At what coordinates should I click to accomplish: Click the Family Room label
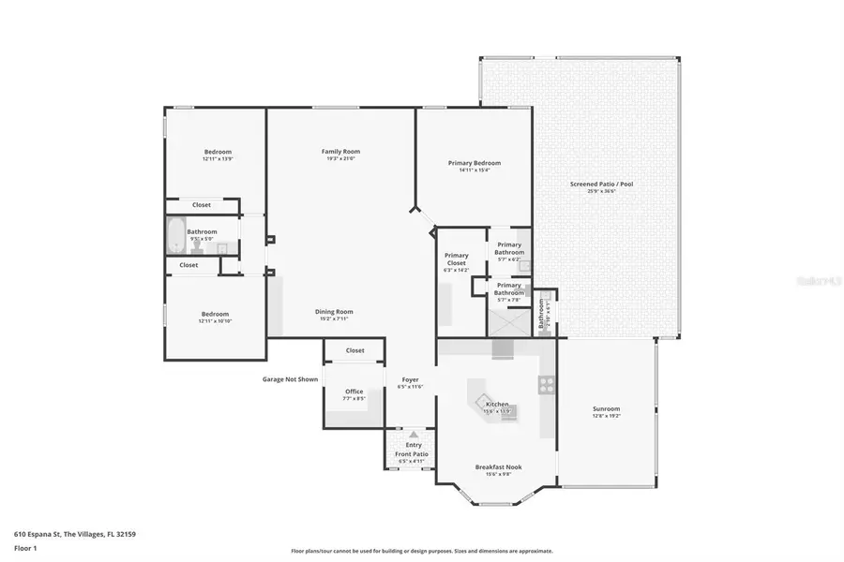click(x=340, y=152)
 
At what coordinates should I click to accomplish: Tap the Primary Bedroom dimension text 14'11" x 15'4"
click(x=474, y=170)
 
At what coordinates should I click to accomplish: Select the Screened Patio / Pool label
click(x=601, y=185)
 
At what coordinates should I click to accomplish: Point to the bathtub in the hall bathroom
click(x=175, y=235)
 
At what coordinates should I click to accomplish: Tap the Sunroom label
click(x=606, y=408)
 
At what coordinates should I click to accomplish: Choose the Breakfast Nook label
click(x=498, y=466)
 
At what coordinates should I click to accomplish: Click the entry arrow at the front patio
click(x=413, y=435)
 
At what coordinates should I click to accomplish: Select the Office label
click(x=354, y=392)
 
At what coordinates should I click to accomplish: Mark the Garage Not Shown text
click(x=290, y=379)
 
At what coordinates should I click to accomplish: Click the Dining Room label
click(x=333, y=311)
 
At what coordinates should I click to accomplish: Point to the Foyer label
click(x=411, y=379)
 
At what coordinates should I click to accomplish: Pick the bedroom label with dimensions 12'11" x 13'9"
click(x=218, y=152)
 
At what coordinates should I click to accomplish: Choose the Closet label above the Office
click(x=354, y=350)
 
